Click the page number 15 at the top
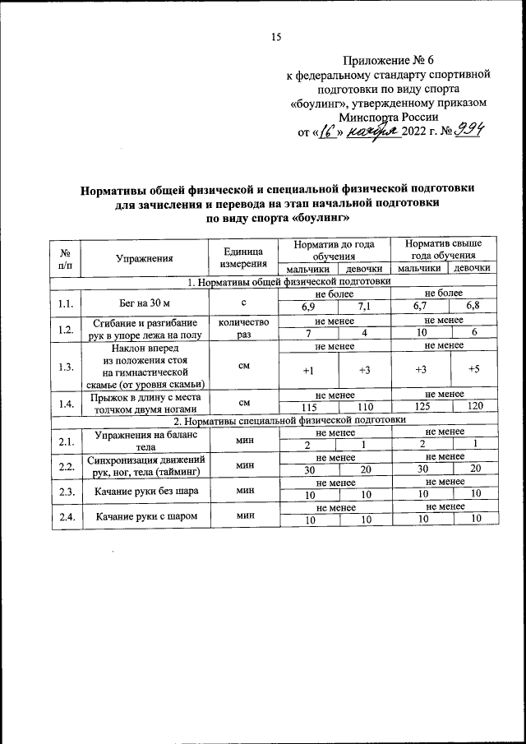276,37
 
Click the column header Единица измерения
243,258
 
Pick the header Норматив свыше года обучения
445,250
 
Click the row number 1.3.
67,366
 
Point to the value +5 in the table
474,371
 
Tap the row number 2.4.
67,516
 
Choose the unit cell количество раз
243,329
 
